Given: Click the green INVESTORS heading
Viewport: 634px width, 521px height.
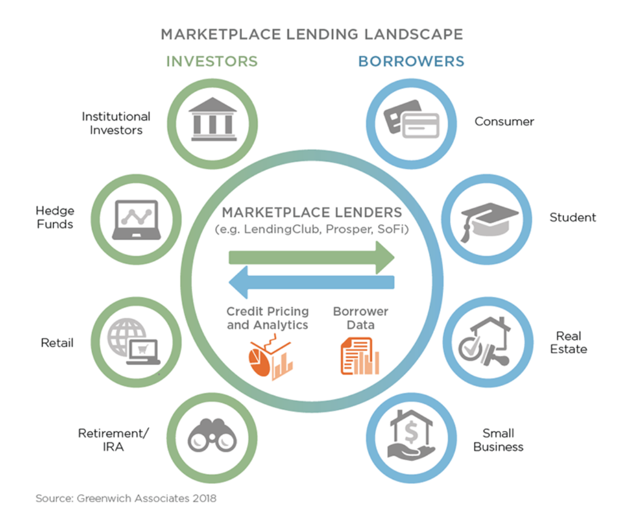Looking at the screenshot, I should tap(212, 61).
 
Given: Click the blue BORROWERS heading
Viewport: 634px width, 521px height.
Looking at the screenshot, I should tap(411, 61).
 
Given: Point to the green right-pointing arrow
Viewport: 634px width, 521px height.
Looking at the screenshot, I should tap(311, 257).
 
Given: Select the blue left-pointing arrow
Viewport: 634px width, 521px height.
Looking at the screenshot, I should tap(311, 281).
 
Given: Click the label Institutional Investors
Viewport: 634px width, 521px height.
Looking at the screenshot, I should tap(116, 123).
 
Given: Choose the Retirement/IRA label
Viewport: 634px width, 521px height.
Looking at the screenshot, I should tap(113, 440).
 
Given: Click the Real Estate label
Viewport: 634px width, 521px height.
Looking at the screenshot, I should tap(568, 342).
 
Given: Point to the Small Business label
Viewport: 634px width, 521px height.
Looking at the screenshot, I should tap(498, 440).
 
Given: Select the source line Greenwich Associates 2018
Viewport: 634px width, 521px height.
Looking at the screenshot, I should tap(126, 499).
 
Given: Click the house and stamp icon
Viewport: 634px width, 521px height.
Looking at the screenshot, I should tap(486, 342).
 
